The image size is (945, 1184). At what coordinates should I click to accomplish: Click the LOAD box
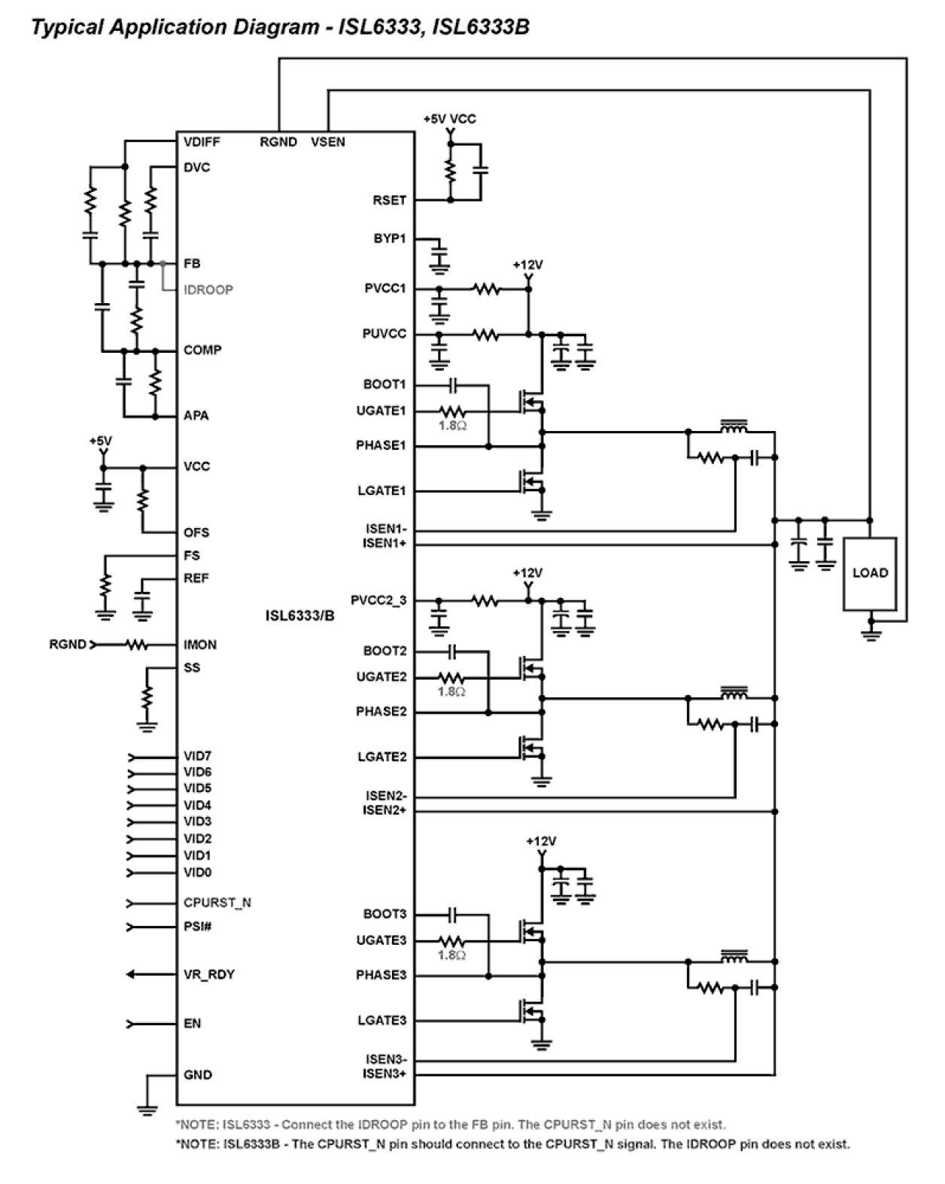click(870, 573)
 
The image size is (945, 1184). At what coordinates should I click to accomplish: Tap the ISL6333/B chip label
click(299, 615)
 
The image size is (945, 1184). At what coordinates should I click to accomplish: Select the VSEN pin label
click(328, 142)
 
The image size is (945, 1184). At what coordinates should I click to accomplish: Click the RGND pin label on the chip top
click(278, 142)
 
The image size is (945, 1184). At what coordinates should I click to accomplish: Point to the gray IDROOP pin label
click(208, 290)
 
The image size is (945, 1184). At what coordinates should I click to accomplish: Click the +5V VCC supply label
click(449, 119)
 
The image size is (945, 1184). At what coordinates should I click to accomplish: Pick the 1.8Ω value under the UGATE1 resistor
click(452, 426)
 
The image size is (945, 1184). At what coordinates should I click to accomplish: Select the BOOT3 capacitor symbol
click(452, 915)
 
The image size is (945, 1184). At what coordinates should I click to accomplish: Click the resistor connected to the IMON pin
click(136, 645)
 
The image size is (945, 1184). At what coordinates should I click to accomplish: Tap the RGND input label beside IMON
click(68, 645)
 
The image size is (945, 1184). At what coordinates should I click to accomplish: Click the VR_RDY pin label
click(209, 975)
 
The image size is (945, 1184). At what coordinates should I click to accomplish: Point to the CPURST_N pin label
click(217, 903)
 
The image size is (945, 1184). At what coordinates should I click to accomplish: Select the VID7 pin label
click(197, 756)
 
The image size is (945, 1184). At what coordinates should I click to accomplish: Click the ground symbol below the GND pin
click(147, 1108)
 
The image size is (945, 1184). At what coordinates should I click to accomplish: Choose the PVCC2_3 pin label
click(378, 600)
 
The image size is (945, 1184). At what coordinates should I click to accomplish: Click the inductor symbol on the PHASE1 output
click(734, 427)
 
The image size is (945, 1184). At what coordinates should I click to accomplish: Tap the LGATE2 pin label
click(381, 757)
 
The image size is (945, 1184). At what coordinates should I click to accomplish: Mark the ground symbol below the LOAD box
click(871, 634)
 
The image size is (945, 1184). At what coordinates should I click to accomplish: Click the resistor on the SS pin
click(147, 696)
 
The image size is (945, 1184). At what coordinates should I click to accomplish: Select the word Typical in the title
click(68, 28)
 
